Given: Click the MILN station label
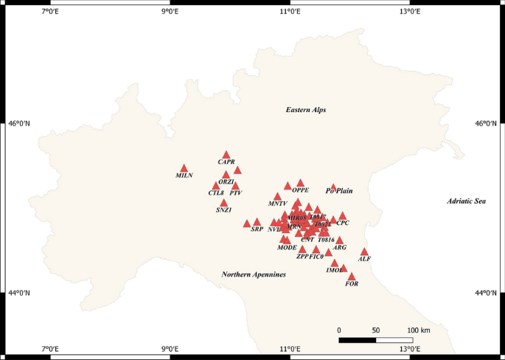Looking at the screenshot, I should (x=184, y=176).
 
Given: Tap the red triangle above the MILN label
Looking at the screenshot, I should (x=184, y=168).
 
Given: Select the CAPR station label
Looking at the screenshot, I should (x=226, y=162).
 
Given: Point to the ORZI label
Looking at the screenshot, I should (x=226, y=181).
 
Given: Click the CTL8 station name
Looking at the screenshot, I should (x=216, y=193).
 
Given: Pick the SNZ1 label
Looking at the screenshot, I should (x=224, y=210).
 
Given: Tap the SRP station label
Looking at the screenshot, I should (x=257, y=229).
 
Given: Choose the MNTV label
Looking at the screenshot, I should (x=277, y=203).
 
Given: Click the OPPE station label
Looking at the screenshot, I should (x=301, y=190).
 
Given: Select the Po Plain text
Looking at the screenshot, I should (x=339, y=191).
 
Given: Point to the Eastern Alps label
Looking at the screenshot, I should (x=305, y=110).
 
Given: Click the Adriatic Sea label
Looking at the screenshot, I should (x=467, y=201).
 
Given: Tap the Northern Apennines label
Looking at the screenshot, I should (x=254, y=274).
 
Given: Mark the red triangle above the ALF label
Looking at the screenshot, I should (x=364, y=252).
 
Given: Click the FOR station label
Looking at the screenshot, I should (x=352, y=284).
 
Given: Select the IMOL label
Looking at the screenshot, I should (x=334, y=271).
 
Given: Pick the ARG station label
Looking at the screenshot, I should (x=340, y=248).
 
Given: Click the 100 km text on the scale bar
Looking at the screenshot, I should (x=417, y=330).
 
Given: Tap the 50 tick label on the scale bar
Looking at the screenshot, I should (x=376, y=330).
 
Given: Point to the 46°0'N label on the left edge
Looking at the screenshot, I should (x=18, y=124).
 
